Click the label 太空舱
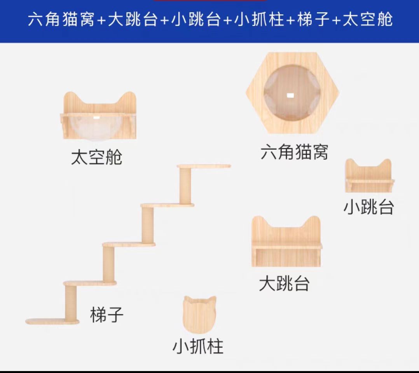[x=96, y=157]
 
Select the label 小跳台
[x=368, y=207]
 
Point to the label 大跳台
[x=284, y=284]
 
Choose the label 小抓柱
[x=198, y=346]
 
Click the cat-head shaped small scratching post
[x=199, y=314]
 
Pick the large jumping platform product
[x=286, y=242]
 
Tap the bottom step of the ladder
[x=52, y=321]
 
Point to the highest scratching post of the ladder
[x=185, y=185]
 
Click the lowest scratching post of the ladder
[x=71, y=303]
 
